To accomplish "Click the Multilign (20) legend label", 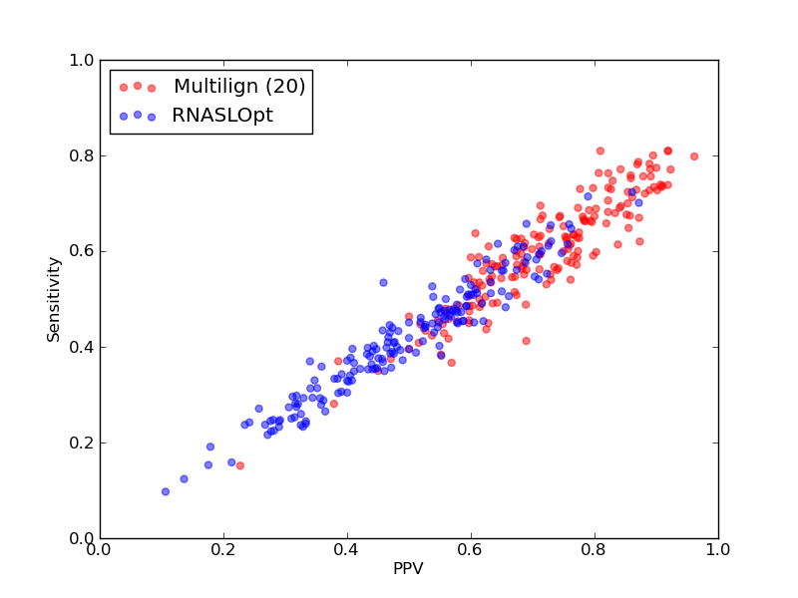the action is coord(239,87).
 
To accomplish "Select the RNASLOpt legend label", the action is coord(222,116).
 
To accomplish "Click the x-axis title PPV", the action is coord(408,568).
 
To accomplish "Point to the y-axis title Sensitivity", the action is coord(54,299).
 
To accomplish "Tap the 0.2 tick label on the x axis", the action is coord(223,550).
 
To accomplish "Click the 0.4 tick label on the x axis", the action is coord(347,550).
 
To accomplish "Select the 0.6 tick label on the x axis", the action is coord(471,550).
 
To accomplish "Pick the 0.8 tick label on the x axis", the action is coord(595,550).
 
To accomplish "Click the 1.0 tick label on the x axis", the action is coord(718,550).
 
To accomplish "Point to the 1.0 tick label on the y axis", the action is coord(82,61).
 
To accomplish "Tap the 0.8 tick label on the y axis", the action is coord(82,156).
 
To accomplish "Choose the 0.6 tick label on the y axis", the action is coord(82,252).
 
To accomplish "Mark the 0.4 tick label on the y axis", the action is coord(82,347).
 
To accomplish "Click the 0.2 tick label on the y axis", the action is coord(82,443).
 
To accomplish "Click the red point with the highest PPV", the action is coord(694,156).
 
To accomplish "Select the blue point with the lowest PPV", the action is coord(166,491).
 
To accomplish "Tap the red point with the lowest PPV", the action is coord(240,465).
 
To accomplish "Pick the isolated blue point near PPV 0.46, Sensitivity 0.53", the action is coord(383,283).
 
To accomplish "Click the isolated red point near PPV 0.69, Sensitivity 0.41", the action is coord(527,341).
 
